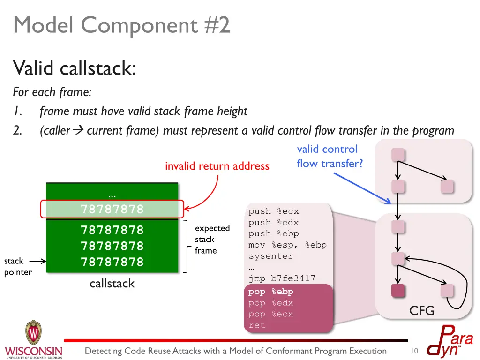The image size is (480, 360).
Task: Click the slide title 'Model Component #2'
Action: coord(122,25)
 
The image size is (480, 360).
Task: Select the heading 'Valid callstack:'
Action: coord(75,68)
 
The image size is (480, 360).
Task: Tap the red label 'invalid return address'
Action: coord(217,166)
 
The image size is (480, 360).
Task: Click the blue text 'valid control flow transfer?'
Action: coord(330,157)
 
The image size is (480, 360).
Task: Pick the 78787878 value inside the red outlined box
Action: coord(112,209)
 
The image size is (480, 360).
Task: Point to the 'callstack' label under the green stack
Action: coord(112,283)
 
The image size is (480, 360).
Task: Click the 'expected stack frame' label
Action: coord(212,239)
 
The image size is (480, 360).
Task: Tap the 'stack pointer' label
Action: coord(18,266)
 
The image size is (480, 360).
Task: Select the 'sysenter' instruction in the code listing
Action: coord(270,256)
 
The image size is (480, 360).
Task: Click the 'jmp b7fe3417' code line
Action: coord(282,278)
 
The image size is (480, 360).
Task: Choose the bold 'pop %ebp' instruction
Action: coord(270,292)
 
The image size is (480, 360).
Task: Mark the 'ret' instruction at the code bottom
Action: coord(257,325)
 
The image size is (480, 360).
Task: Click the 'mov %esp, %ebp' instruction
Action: coord(287,245)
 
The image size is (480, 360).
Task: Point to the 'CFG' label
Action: coord(421,310)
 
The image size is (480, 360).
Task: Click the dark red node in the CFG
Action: coord(397,290)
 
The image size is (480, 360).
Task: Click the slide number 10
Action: coord(414,351)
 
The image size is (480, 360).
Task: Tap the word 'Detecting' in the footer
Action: coord(103,351)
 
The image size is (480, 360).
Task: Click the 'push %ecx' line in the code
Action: coord(273,211)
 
